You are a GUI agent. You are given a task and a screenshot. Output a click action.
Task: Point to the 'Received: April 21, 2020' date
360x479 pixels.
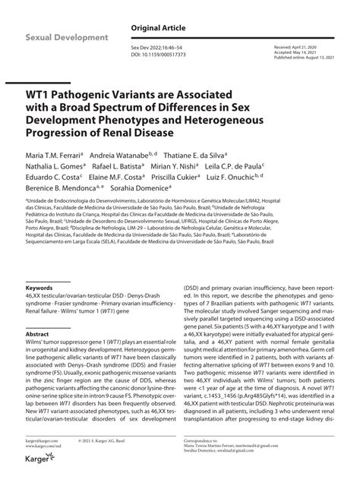tap(297, 46)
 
